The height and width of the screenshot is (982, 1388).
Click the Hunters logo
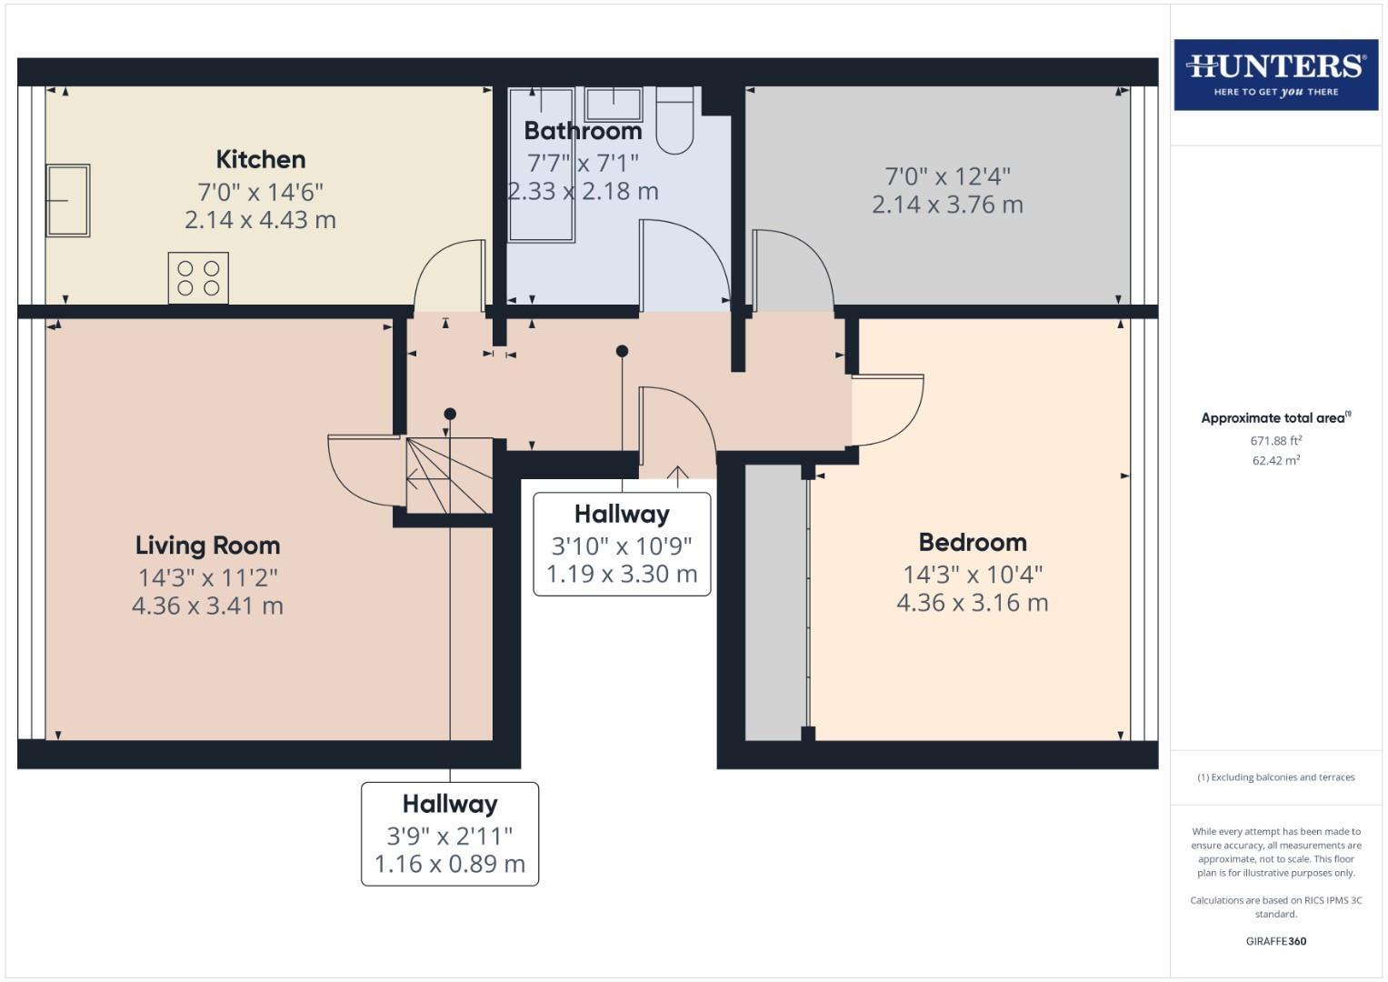(1275, 75)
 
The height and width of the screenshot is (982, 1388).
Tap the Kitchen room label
(260, 159)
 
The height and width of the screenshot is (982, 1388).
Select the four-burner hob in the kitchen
(198, 277)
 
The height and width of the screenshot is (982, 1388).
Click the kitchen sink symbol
(68, 200)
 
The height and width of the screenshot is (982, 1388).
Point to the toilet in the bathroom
(674, 120)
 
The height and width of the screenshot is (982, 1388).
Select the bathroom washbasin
(614, 105)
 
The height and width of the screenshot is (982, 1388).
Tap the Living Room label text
(207, 546)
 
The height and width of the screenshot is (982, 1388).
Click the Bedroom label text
(973, 543)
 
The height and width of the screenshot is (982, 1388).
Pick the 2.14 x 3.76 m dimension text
(947, 205)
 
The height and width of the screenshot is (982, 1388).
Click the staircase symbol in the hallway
(449, 476)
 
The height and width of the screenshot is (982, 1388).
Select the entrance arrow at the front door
(677, 473)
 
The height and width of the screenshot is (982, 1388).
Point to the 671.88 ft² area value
(1275, 441)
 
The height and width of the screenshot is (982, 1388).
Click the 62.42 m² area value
(1275, 461)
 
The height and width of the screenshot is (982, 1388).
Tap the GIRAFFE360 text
(1275, 941)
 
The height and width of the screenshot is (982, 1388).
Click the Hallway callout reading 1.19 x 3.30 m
(622, 545)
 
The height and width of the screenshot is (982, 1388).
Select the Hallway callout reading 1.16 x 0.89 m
(450, 834)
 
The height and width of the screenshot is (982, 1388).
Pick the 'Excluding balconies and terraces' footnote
(1275, 777)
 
